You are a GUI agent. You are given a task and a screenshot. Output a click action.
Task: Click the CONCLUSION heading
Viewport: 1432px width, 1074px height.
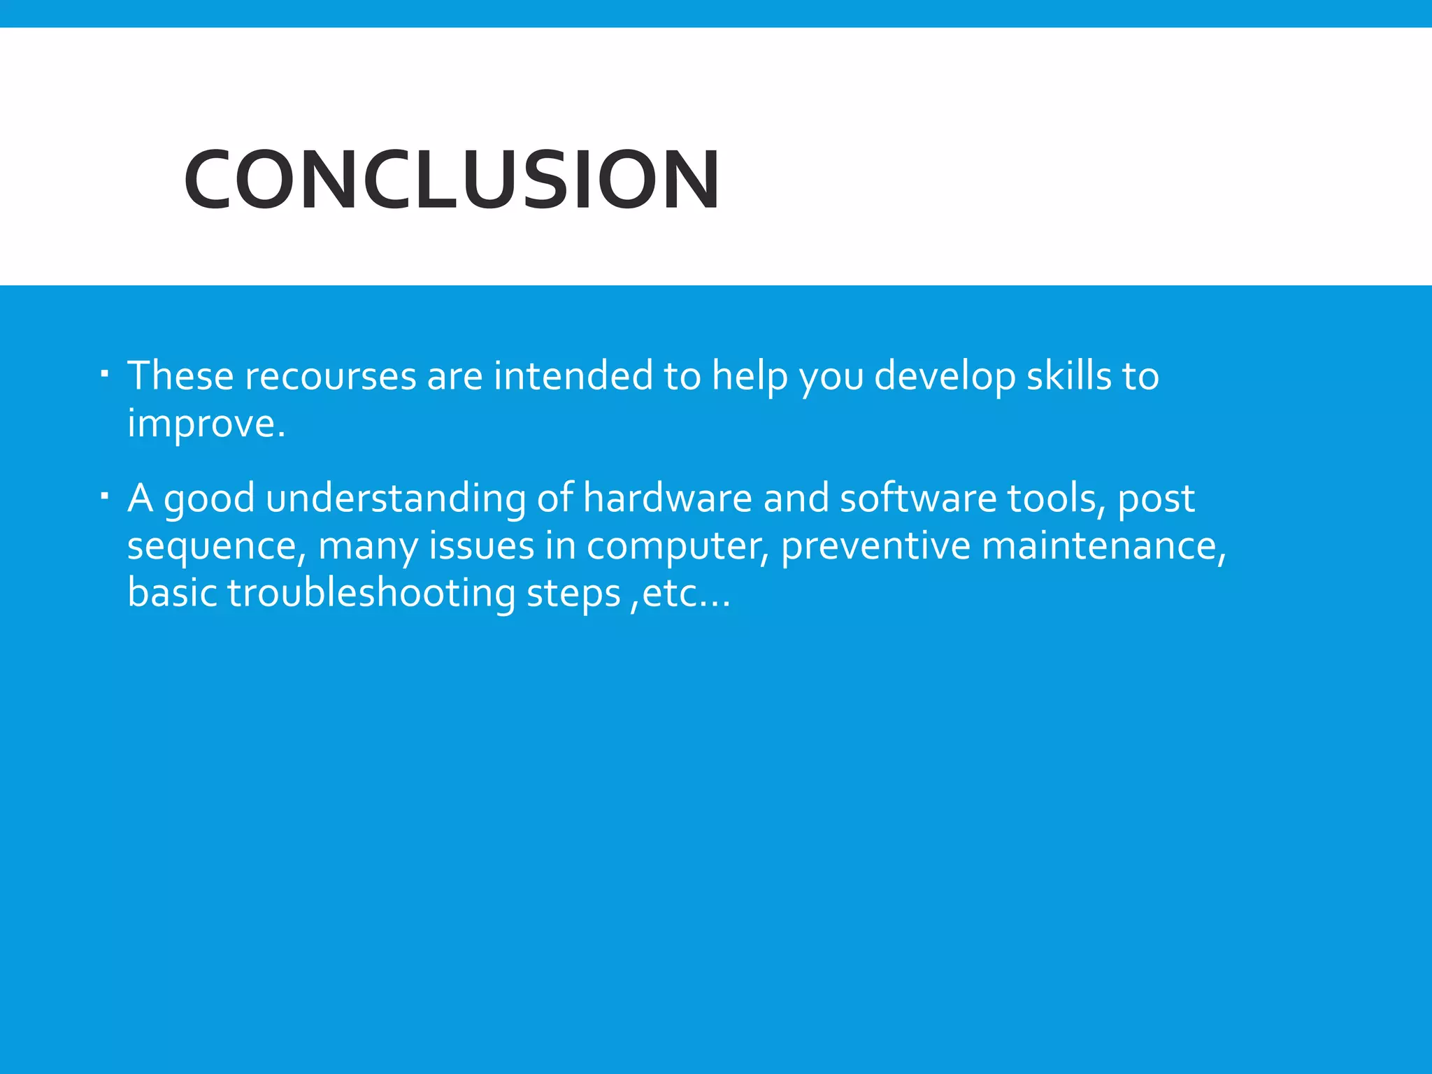click(452, 180)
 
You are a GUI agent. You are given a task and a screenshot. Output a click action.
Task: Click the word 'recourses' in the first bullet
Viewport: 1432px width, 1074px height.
click(326, 376)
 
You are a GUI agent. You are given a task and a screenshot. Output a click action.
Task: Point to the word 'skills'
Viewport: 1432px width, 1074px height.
click(1069, 376)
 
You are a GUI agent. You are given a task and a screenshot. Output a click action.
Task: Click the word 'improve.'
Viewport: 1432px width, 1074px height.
click(206, 424)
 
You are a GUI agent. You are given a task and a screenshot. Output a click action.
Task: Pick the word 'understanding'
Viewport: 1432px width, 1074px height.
click(396, 499)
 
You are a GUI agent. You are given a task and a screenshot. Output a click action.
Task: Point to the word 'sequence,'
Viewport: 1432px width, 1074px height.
click(217, 547)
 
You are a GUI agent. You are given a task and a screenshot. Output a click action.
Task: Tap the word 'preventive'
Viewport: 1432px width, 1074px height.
click(875, 547)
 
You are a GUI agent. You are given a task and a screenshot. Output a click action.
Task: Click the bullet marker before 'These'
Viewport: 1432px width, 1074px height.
click(104, 376)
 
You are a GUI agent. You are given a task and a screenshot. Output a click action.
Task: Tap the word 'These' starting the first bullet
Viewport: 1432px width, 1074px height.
click(180, 376)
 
